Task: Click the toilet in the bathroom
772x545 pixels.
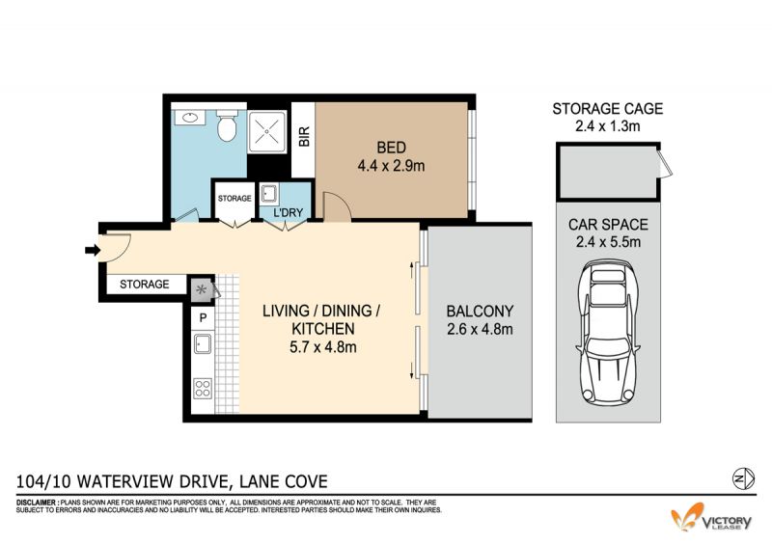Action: (227, 125)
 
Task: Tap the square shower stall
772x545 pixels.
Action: (267, 132)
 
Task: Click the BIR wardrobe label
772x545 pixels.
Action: (304, 136)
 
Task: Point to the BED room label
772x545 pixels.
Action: (392, 148)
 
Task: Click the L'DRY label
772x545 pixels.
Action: (288, 212)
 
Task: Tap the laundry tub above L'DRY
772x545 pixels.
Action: (269, 194)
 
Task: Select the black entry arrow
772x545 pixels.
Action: (92, 251)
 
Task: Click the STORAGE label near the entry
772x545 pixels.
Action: (144, 284)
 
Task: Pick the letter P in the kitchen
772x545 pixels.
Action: (203, 318)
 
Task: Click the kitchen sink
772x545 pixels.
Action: (203, 343)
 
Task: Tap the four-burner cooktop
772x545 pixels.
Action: (203, 388)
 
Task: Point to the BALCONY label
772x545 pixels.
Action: (480, 312)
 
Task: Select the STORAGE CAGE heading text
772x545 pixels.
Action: (608, 108)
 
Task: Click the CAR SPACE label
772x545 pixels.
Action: (608, 225)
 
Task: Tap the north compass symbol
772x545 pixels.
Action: (743, 478)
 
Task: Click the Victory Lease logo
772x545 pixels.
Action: (711, 517)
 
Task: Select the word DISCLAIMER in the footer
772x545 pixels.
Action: (37, 503)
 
